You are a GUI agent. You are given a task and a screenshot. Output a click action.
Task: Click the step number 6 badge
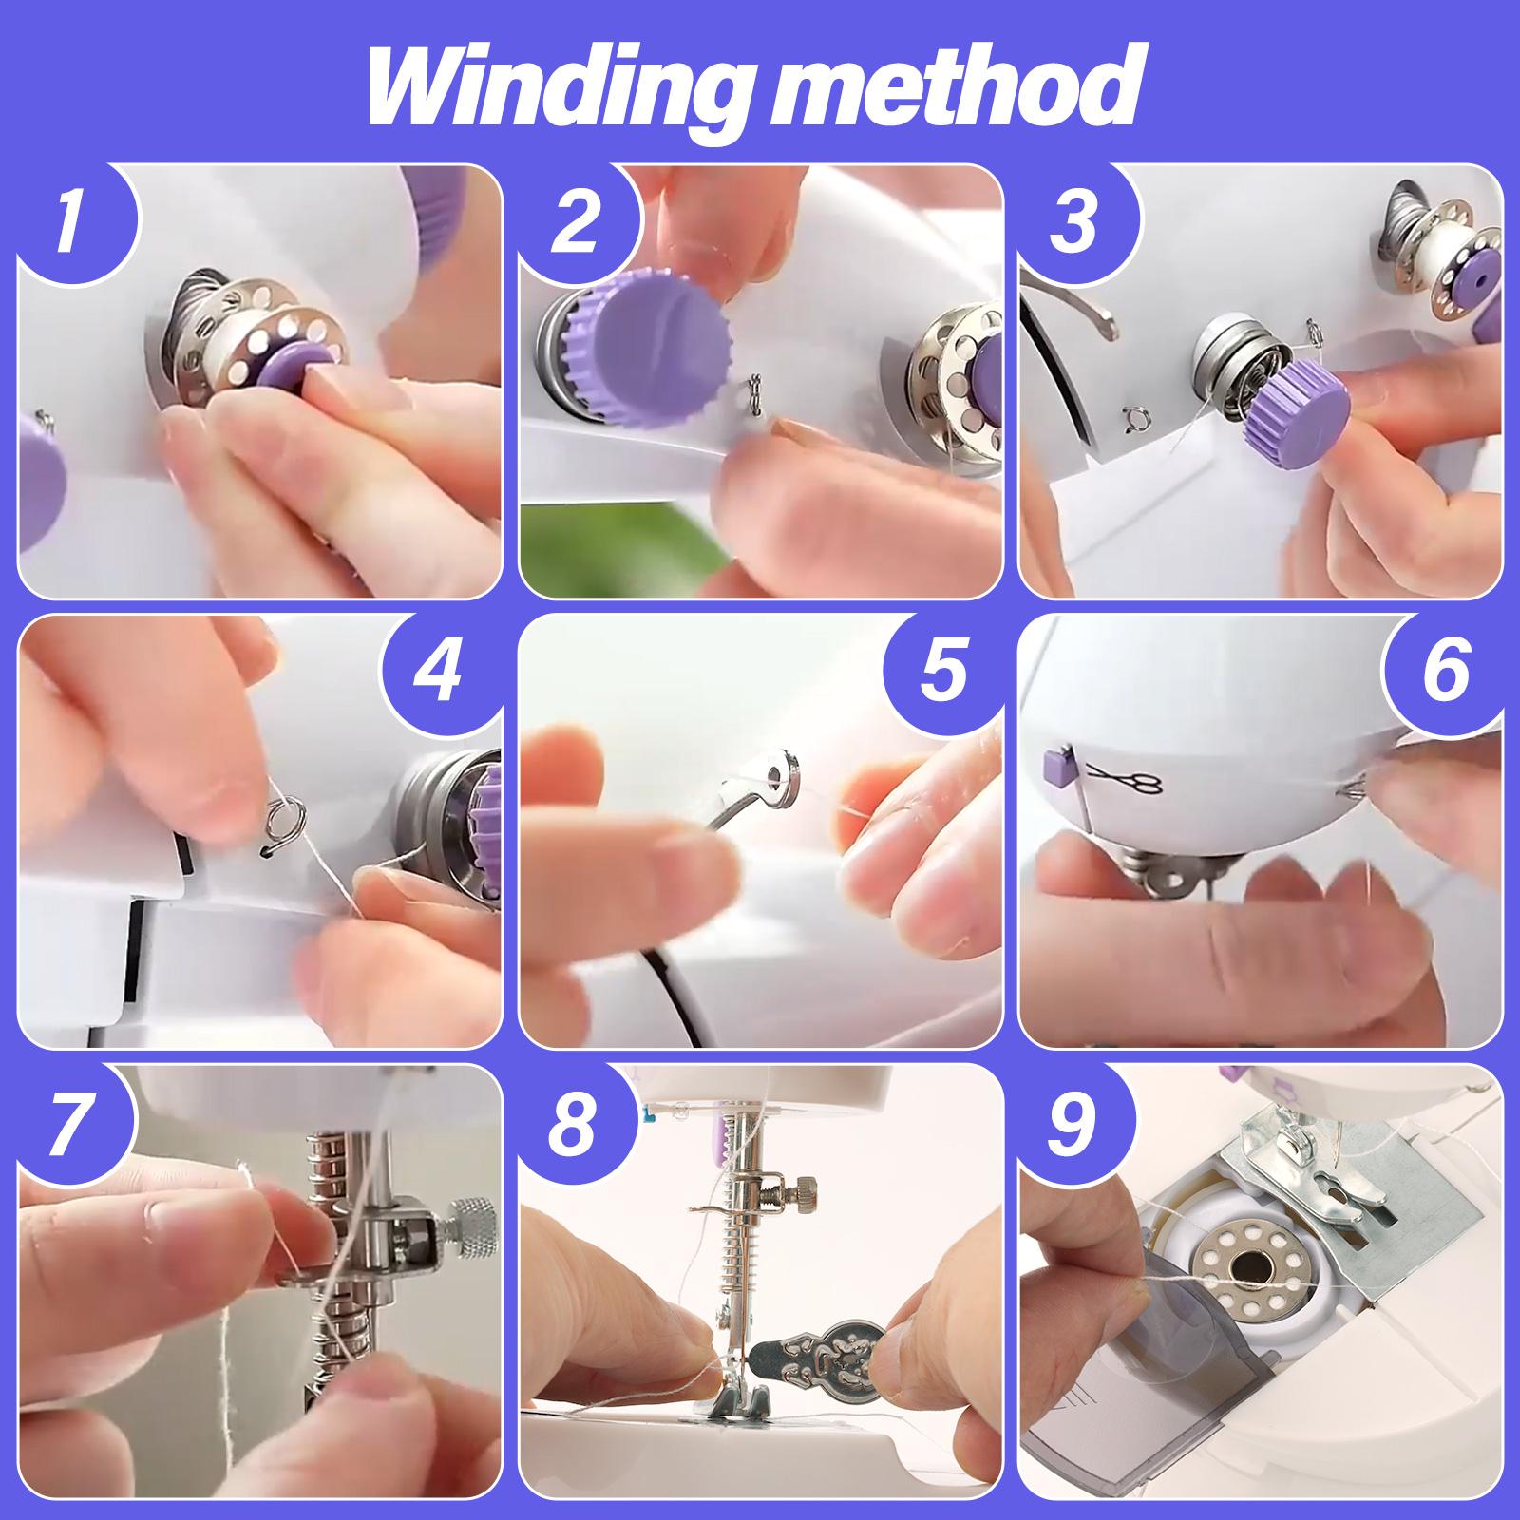tap(1445, 671)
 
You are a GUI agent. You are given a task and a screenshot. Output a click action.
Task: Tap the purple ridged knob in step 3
tap(1299, 414)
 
